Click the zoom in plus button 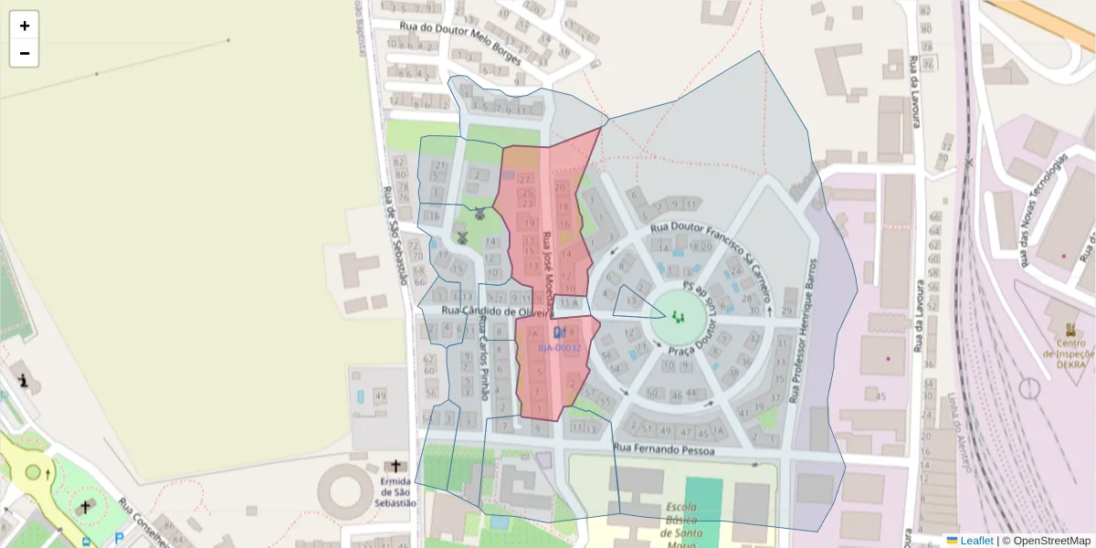tap(25, 26)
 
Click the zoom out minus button tap(25, 53)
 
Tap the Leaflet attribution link tap(975, 540)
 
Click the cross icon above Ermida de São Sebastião tap(395, 467)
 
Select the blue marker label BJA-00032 tap(559, 348)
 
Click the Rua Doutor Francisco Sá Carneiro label tap(712, 256)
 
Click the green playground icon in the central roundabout tap(678, 317)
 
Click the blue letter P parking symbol tap(119, 539)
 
